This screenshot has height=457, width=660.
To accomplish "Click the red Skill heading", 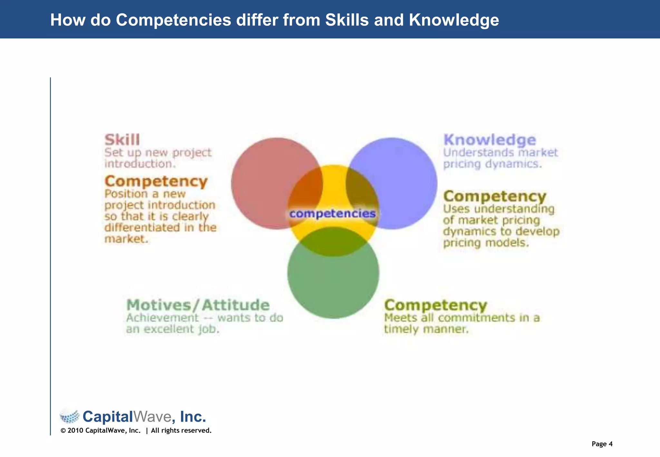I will coord(122,140).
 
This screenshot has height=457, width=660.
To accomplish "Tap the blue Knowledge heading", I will coord(490,140).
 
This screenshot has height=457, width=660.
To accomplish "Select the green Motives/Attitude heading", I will coord(198,305).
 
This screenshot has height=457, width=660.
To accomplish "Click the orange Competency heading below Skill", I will coord(156,181).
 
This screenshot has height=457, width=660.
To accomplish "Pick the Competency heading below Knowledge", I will coord(495,196).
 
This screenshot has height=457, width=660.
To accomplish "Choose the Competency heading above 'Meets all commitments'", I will coord(436,305).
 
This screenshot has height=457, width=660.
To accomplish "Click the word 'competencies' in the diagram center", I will coord(332,213).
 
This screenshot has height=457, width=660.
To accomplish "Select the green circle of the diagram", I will coord(333,287).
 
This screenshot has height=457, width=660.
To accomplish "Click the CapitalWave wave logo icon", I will coord(70,416).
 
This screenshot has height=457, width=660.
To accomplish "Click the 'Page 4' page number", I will coord(602,444).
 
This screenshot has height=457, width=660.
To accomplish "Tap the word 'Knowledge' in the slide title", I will coord(454,20).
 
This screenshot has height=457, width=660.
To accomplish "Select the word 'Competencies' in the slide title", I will coord(173,20).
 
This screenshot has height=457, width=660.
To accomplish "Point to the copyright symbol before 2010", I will coord(63,431).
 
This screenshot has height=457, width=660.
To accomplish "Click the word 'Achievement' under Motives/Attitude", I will coord(162,318).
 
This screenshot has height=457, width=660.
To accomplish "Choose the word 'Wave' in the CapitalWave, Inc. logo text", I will coord(152,416).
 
